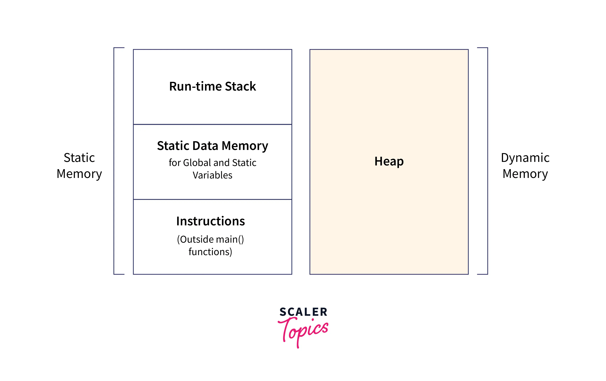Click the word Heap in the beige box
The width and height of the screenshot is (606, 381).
click(389, 161)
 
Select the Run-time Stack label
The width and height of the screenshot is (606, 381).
click(212, 86)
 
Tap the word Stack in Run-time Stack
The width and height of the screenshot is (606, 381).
click(240, 86)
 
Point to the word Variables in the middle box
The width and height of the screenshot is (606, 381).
click(212, 175)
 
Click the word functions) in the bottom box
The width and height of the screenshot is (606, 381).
click(210, 252)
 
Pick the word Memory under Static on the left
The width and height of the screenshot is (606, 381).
click(79, 174)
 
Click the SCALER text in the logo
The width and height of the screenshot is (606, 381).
click(303, 312)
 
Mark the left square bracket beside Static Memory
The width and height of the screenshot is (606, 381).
click(114, 161)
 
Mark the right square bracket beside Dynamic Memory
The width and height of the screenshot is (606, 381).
click(488, 161)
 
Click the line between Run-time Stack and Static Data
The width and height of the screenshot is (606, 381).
click(212, 124)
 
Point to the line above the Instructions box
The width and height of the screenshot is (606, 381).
click(212, 200)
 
